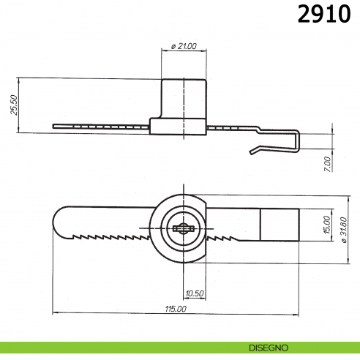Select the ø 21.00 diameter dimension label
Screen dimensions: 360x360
[x=184, y=46]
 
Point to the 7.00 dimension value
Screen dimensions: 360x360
[x=327, y=163]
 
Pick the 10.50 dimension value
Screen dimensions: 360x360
[x=195, y=293]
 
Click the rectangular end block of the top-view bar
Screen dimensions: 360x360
[x=280, y=225]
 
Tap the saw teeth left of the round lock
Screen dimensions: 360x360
[x=110, y=237]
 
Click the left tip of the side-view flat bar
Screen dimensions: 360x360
[x=56, y=126]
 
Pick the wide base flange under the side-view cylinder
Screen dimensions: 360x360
[x=179, y=127]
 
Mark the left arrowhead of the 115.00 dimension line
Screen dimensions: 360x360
[x=55, y=313]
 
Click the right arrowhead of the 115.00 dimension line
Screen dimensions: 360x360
[x=297, y=313]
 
